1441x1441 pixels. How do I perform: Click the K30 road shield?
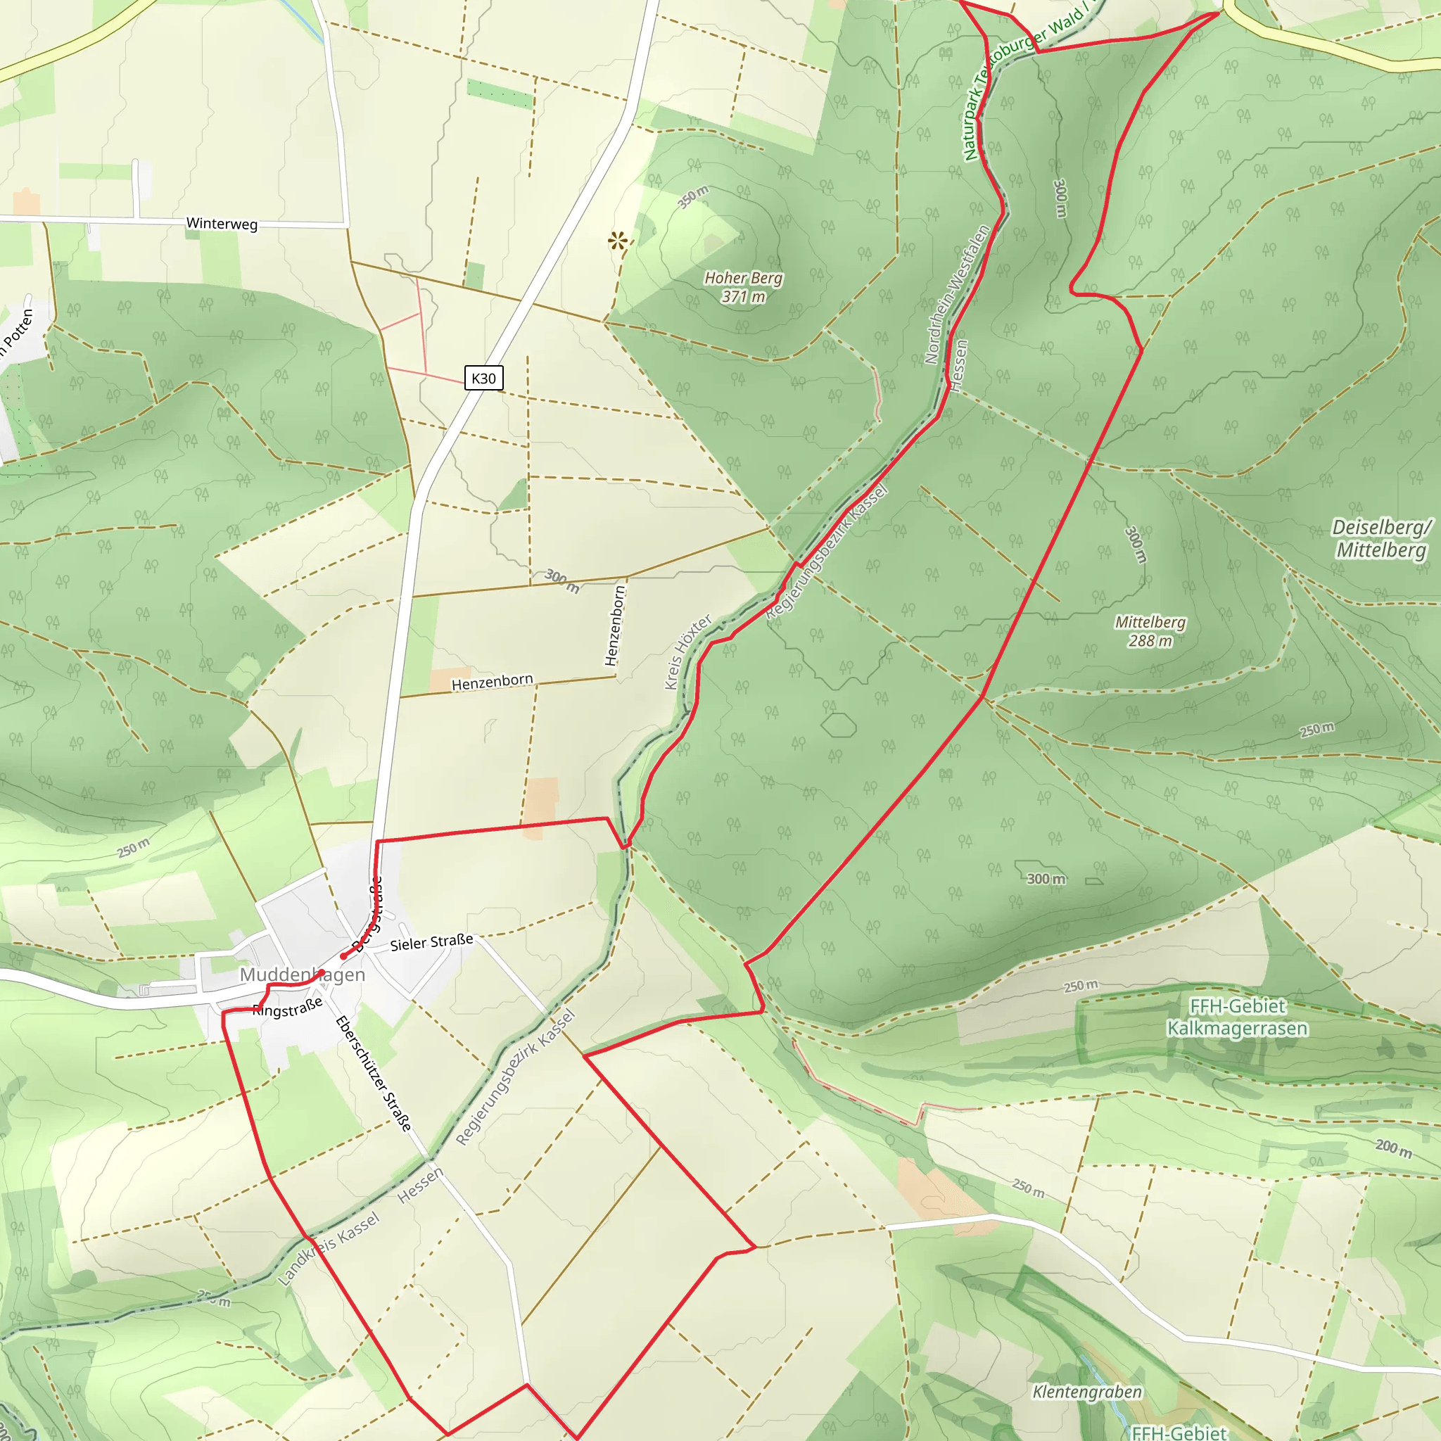(x=483, y=378)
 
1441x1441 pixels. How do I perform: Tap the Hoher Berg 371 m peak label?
(x=743, y=287)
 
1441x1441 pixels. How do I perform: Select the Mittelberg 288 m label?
(x=1150, y=631)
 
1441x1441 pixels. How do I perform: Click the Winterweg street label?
(x=222, y=223)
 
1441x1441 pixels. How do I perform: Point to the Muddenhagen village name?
(x=302, y=975)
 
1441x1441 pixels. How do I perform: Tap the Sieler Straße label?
(x=431, y=942)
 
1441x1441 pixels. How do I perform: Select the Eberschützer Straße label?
(x=373, y=1073)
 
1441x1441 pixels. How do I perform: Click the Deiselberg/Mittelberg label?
(x=1381, y=538)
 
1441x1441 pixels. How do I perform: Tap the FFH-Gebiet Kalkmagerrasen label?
(x=1238, y=1017)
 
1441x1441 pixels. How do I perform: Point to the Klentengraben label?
(x=1086, y=1392)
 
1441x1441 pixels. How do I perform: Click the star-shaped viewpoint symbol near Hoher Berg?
(x=618, y=241)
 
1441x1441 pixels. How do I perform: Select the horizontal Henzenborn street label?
(x=493, y=683)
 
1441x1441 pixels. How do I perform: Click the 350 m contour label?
(x=693, y=197)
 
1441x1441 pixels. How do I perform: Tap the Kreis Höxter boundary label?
(x=687, y=652)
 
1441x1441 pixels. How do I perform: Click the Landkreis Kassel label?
(x=329, y=1249)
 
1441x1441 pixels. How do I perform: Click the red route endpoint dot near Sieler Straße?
(x=343, y=956)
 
